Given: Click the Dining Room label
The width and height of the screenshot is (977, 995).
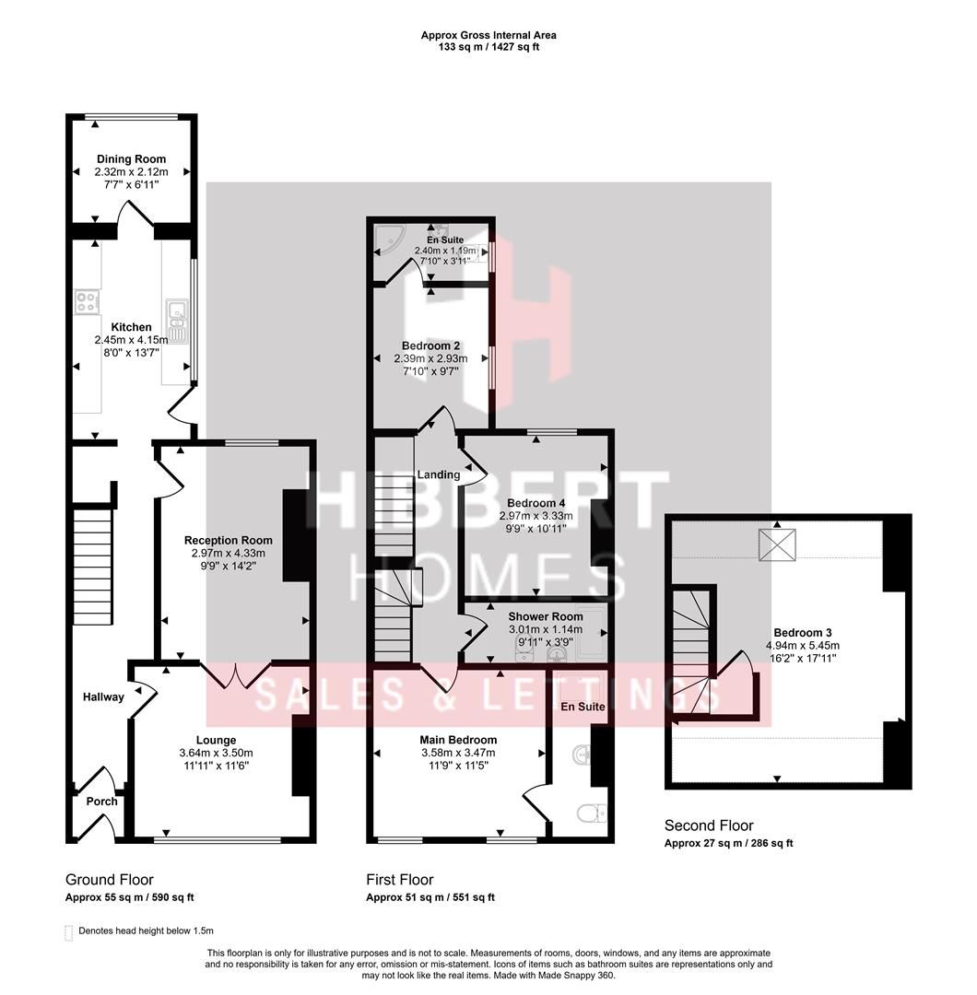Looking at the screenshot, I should click(x=131, y=159).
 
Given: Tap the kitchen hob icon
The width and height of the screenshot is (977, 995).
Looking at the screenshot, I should click(x=87, y=300).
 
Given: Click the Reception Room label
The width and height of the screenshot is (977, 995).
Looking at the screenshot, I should click(x=229, y=541).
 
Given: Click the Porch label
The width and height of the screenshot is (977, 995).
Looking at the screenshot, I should click(x=101, y=802).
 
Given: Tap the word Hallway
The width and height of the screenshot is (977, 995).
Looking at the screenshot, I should click(x=103, y=697).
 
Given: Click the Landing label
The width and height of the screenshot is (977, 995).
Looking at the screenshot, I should click(x=438, y=474).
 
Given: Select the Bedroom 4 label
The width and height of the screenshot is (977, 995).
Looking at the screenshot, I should click(x=536, y=503).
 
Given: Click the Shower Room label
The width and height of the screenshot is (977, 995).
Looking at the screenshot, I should click(x=545, y=616).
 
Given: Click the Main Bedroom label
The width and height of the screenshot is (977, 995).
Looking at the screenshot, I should click(x=458, y=740).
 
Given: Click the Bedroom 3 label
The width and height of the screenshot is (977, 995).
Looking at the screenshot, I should click(x=802, y=633).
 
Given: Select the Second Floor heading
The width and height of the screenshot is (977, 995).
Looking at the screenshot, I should click(x=709, y=825).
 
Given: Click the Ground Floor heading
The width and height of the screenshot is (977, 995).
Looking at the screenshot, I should click(x=110, y=880).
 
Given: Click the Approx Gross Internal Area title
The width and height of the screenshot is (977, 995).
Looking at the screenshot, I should click(x=488, y=35).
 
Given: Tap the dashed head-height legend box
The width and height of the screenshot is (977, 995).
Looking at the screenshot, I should click(x=69, y=931).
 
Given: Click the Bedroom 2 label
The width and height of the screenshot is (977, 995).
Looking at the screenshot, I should click(x=430, y=345).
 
